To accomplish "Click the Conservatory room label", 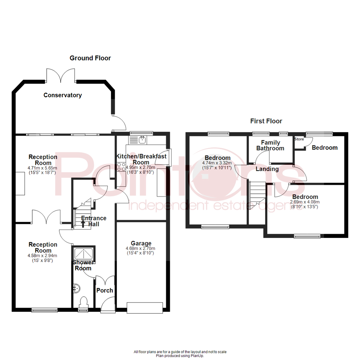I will [63, 95].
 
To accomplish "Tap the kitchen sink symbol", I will [143, 139].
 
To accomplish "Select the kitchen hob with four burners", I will [121, 166].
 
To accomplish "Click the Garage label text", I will [141, 243].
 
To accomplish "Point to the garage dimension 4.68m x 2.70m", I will [141, 248].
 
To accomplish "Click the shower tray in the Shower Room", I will [84, 254].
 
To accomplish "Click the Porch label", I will [105, 290].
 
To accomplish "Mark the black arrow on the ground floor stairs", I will [83, 224].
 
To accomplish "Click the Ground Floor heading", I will [90, 58].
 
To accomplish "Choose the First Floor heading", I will [266, 121].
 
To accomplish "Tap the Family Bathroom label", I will [270, 145].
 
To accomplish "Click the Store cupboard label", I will [299, 139].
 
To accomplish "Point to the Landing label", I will [267, 169].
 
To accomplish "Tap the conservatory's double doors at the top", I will [60, 75].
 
